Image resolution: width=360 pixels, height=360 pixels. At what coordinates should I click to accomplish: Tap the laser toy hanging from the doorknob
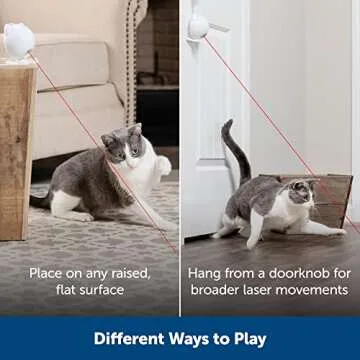coord(199,25)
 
